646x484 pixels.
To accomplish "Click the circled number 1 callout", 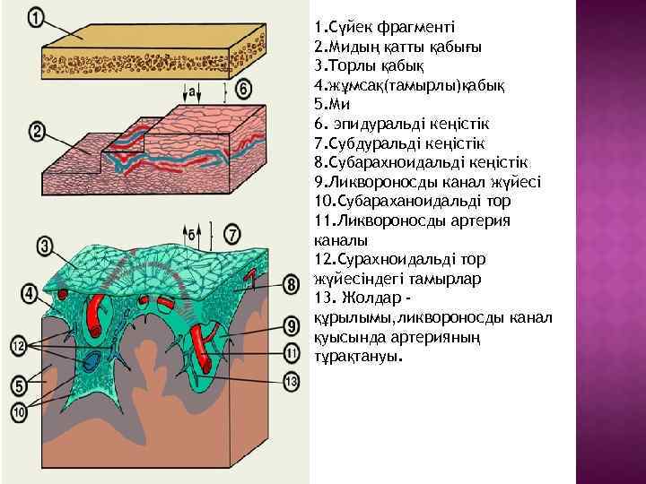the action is point(35,17).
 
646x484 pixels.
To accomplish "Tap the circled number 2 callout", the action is point(37,132).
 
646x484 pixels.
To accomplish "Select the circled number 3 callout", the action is point(44,243).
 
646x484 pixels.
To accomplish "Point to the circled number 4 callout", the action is point(31,293).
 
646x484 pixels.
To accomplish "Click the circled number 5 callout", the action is point(19,387).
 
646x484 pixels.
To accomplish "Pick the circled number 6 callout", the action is point(243,89).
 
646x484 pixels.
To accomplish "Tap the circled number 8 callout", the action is point(292,285).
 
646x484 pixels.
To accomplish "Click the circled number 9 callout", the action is point(292,325).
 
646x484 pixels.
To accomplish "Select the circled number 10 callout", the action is point(19,411).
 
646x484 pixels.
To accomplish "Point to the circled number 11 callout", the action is point(292,352).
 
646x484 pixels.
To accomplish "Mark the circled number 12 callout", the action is point(18,345).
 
